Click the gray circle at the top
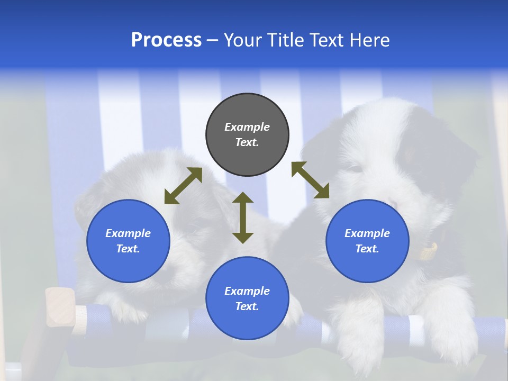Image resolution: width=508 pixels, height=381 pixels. click(247, 135)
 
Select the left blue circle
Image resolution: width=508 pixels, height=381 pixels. click(128, 241)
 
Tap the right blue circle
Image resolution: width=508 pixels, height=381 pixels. click(367, 241)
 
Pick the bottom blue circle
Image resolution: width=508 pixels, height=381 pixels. click(247, 298)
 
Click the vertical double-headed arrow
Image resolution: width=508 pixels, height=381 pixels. click(243, 217)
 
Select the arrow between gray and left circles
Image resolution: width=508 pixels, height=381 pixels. click(183, 186)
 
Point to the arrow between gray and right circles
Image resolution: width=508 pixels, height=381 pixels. click(310, 180)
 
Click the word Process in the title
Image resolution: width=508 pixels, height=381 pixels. click(166, 40)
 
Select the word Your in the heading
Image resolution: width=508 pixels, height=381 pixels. click(243, 40)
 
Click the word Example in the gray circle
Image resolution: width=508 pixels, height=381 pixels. click(247, 127)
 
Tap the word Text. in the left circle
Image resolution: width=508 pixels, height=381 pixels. click(128, 249)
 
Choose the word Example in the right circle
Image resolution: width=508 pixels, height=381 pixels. click(367, 233)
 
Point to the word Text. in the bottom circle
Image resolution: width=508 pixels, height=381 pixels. click(247, 306)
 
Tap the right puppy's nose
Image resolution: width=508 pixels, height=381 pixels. click(393, 203)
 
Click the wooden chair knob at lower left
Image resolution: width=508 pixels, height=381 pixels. click(59, 307)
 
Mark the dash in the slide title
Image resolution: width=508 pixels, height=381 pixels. click(213, 40)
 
